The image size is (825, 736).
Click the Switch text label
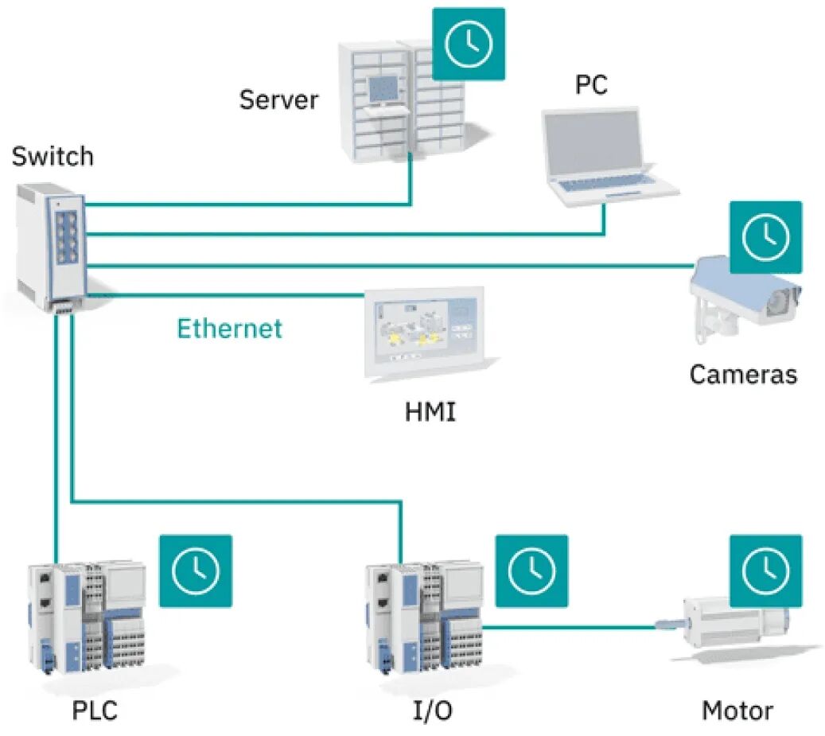pos(53,156)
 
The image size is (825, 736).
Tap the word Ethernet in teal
pos(229,328)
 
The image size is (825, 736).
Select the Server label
pos(278,100)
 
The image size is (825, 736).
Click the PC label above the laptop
pos(591,85)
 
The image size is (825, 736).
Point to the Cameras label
pos(742,373)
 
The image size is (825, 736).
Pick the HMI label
pos(430,413)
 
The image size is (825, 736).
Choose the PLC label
pos(95,709)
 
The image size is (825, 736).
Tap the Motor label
pos(737,709)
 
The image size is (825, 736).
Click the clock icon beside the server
pos(469,44)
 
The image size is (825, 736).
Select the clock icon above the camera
pos(765,237)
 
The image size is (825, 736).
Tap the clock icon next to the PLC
pos(196,570)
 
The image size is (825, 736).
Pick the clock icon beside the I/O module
pos(531,570)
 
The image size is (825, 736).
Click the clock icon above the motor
pos(765,570)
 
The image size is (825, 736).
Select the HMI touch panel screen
pos(424,329)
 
